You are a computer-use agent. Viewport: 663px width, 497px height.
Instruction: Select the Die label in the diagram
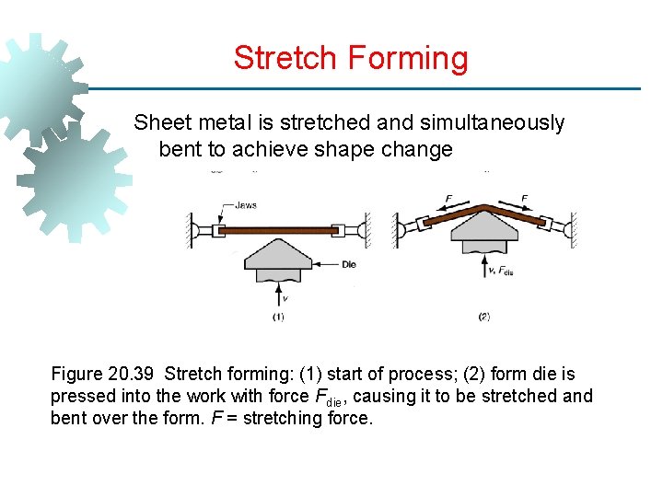pos(348,264)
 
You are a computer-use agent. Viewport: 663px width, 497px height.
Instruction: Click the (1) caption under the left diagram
pos(278,318)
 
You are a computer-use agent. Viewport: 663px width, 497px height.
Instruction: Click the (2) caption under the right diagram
pos(484,318)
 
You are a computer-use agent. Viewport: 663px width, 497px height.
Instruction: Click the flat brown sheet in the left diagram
pos(277,230)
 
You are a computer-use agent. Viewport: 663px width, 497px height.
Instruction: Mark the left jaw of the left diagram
pos(218,229)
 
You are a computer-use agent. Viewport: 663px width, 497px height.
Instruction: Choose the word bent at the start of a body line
pos(181,149)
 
